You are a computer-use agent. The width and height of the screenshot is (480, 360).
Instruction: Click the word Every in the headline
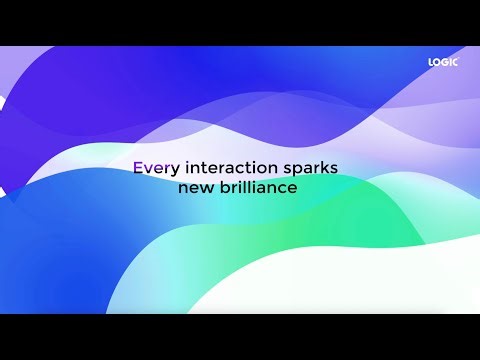(x=152, y=169)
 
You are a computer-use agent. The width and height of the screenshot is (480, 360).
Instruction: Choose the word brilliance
(x=257, y=187)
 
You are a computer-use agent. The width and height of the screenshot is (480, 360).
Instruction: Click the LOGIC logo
(x=442, y=62)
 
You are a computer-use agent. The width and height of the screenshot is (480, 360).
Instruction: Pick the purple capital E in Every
(x=138, y=169)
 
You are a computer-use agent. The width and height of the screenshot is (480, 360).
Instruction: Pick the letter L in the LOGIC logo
(x=430, y=62)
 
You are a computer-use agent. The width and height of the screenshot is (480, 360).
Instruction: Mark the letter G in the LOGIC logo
(x=443, y=62)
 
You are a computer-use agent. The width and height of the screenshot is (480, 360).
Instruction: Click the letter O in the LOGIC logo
(x=436, y=62)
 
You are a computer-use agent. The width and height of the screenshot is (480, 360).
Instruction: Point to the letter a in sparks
(x=313, y=170)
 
